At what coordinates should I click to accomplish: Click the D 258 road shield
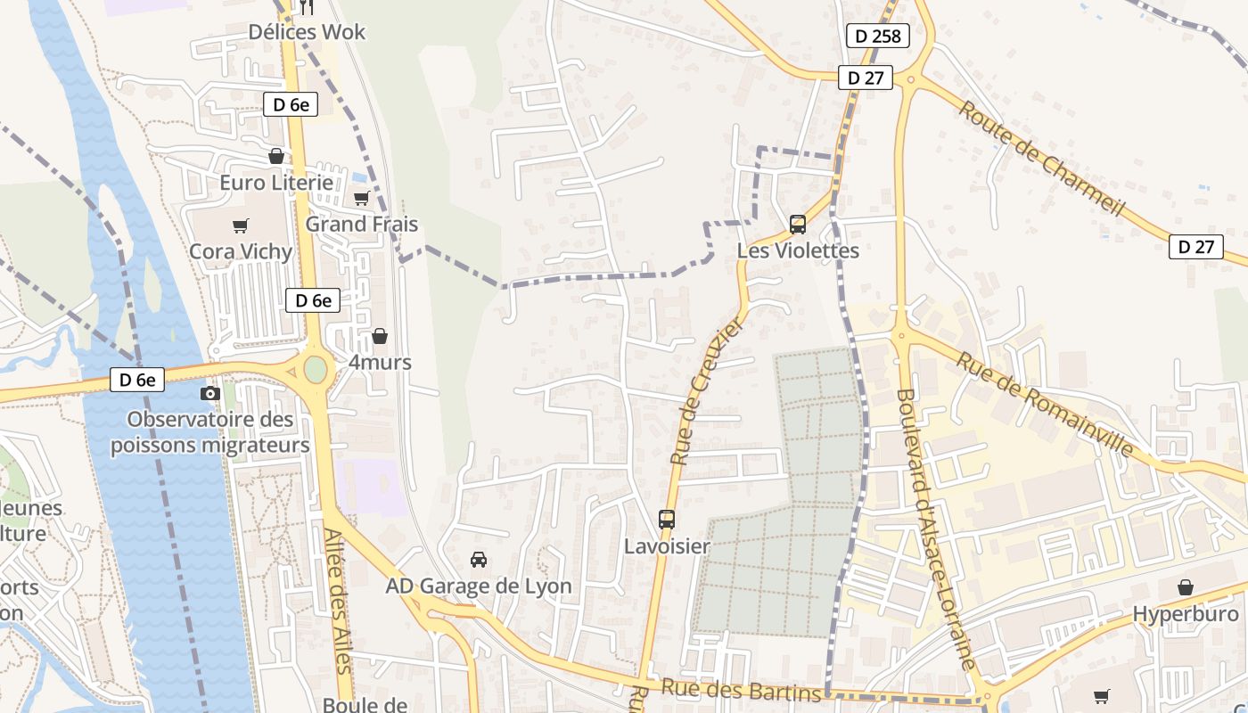[x=877, y=36]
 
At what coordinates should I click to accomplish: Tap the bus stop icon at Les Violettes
[x=798, y=225]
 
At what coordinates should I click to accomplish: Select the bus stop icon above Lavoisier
[x=667, y=519]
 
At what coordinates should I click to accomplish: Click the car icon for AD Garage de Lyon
[x=479, y=560]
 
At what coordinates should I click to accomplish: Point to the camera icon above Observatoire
[x=210, y=393]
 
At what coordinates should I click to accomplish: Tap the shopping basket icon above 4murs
[x=380, y=336]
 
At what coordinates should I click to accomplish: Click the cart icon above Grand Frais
[x=361, y=198]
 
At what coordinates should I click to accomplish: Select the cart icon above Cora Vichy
[x=240, y=225]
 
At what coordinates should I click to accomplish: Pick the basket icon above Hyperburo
[x=1186, y=587]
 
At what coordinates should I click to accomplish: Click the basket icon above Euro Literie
[x=276, y=156]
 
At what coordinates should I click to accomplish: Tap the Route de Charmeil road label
[x=1041, y=158]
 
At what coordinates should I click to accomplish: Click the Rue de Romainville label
[x=1045, y=403]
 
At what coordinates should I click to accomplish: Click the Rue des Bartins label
[x=740, y=691]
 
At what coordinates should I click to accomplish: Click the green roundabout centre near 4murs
[x=316, y=369]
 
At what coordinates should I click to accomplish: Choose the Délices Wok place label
[x=307, y=32]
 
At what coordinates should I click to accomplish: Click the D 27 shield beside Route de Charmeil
[x=1195, y=247]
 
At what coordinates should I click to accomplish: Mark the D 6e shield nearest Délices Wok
[x=291, y=104]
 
